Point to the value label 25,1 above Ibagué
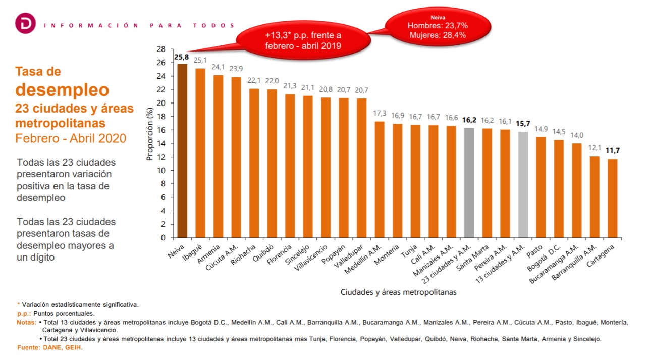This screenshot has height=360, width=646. [200, 61]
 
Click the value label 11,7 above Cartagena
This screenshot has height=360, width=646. [612, 151]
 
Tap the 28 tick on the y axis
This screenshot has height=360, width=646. [161, 49]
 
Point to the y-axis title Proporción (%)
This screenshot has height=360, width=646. [150, 133]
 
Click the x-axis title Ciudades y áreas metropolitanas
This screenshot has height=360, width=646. [399, 292]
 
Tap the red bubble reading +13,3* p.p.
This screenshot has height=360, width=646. [303, 40]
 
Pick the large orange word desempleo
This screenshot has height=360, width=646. [62, 90]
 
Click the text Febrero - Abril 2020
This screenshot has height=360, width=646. [71, 138]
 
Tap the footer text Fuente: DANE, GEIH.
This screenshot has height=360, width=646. [50, 348]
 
